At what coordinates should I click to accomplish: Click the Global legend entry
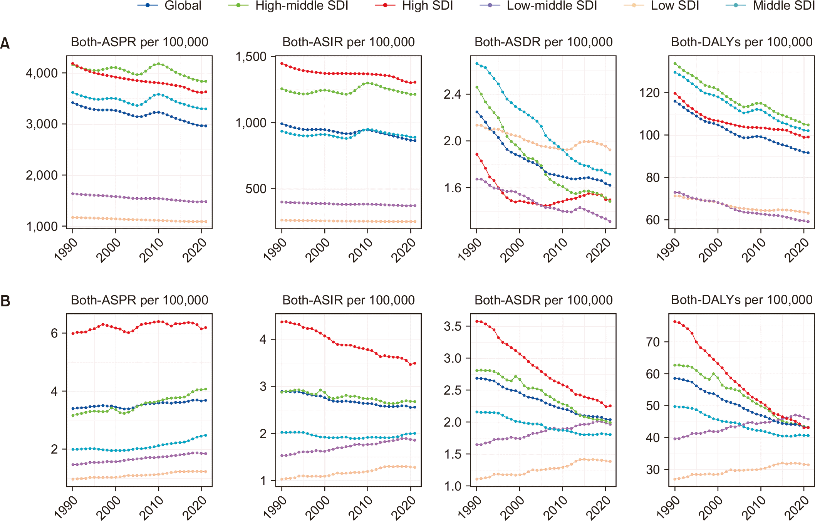tap(169, 6)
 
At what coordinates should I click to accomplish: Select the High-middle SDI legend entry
tap(288, 6)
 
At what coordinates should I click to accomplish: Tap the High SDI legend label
tap(428, 6)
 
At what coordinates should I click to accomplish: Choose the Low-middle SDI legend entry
tap(538, 6)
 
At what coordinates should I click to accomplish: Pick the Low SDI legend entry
tap(661, 6)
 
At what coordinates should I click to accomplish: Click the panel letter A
tap(5, 43)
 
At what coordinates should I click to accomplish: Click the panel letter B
tap(5, 301)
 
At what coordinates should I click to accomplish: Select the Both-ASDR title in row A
tap(543, 42)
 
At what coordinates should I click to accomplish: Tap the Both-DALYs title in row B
tap(741, 300)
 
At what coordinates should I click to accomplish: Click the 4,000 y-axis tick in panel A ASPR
tap(42, 73)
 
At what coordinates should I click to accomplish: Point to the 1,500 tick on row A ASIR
tap(251, 57)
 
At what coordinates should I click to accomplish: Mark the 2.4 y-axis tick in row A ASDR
tap(452, 94)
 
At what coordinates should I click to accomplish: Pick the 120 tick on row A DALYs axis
tap(649, 93)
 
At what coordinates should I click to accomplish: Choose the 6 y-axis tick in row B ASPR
tap(54, 333)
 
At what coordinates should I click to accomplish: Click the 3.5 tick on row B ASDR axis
tap(452, 326)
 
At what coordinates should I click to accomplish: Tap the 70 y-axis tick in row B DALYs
tap(653, 342)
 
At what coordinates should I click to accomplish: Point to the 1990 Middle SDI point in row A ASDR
tap(477, 64)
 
